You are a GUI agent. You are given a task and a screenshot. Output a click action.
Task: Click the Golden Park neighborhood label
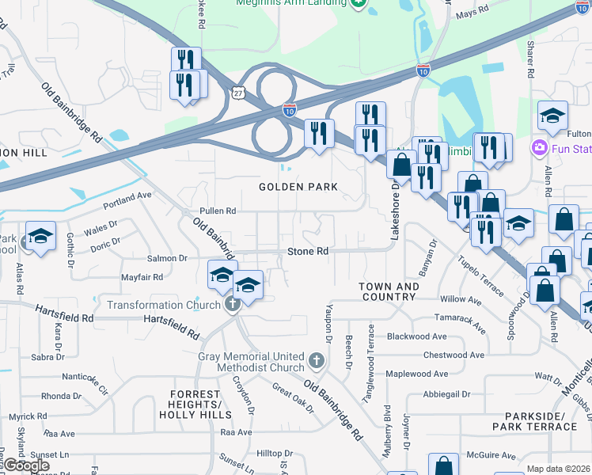[x=298, y=188]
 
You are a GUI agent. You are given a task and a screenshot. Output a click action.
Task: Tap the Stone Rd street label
[x=307, y=252]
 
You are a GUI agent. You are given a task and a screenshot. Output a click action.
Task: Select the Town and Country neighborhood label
[x=388, y=291]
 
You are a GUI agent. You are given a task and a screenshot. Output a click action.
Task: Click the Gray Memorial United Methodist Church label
[x=251, y=362]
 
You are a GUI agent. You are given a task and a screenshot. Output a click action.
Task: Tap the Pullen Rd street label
[x=218, y=211]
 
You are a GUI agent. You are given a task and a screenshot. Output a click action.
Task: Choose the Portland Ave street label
[x=126, y=196]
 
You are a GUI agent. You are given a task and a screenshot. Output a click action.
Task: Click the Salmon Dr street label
[x=166, y=258]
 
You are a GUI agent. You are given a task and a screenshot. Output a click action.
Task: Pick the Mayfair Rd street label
[x=142, y=277]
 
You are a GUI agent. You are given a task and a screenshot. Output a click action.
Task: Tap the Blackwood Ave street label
[x=416, y=336]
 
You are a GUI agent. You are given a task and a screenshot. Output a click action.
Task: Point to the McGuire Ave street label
[x=491, y=455]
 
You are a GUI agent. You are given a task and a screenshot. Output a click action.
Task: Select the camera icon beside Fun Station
[x=540, y=147]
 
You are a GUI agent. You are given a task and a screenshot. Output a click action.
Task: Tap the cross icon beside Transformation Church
[x=233, y=305]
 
